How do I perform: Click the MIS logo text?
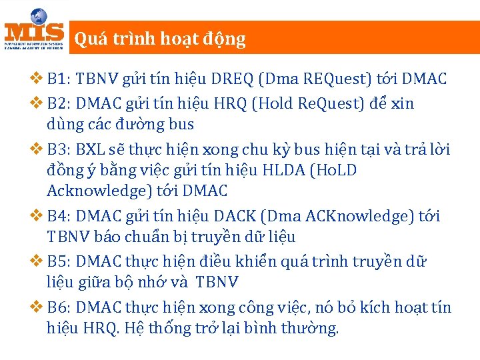pos(34,32)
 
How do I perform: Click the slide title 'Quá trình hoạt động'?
pos(160,39)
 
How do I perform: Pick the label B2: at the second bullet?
pos(59,104)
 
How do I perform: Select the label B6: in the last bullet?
pos(59,308)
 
